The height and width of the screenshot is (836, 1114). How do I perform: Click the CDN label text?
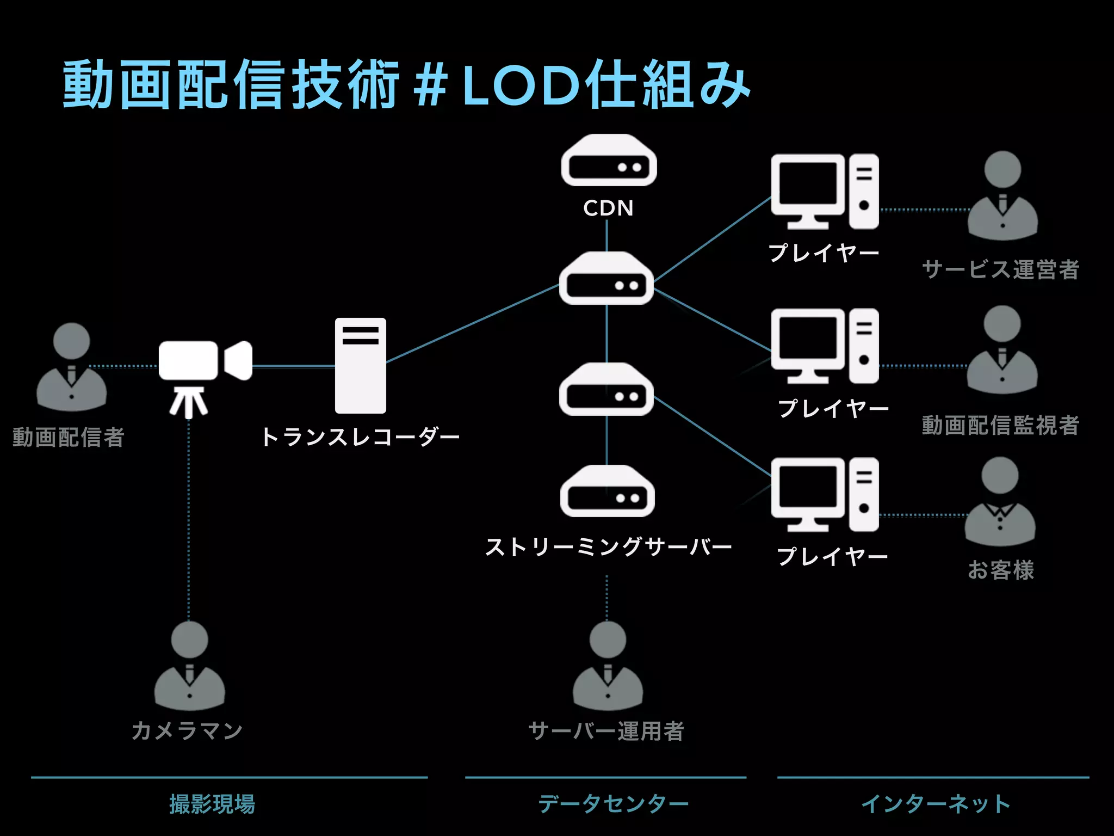(608, 208)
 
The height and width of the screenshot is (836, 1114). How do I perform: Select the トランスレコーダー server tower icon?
(360, 366)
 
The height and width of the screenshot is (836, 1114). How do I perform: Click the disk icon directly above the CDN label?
(609, 161)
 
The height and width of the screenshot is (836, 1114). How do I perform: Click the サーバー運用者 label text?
(606, 731)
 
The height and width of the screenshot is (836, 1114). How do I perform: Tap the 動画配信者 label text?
(69, 437)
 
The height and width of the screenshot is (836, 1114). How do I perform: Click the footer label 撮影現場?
(212, 804)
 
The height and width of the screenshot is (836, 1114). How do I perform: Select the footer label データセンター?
(613, 804)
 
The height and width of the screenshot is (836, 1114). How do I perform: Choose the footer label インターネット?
(935, 804)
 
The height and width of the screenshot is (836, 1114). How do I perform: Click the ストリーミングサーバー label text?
(608, 547)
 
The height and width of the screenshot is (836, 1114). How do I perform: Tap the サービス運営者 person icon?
(1002, 196)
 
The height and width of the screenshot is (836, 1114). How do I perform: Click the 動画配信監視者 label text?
(1000, 425)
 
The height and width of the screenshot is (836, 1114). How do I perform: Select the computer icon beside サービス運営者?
(824, 191)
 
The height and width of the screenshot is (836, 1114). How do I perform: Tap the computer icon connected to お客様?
(824, 494)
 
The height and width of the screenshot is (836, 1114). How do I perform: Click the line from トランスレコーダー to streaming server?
(473, 323)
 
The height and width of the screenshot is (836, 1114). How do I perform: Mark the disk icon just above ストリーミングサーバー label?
(608, 491)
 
